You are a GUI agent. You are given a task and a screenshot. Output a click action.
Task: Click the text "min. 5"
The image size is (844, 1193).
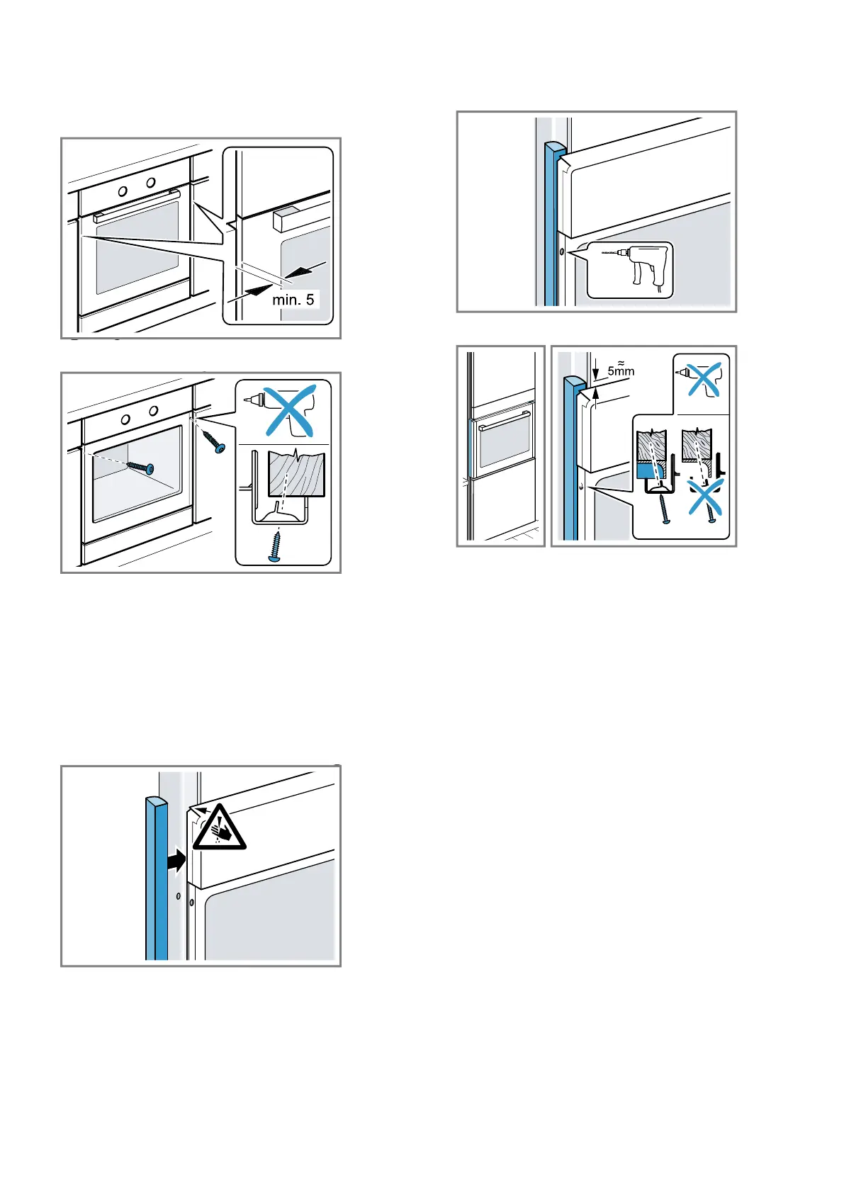pyautogui.click(x=293, y=300)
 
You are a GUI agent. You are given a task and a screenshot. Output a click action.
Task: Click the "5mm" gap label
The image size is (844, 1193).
pyautogui.click(x=621, y=371)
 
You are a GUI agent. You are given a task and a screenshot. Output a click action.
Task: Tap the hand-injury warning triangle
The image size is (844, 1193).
pyautogui.click(x=219, y=827)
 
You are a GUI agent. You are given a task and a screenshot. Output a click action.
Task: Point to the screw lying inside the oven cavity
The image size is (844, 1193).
pyautogui.click(x=140, y=467)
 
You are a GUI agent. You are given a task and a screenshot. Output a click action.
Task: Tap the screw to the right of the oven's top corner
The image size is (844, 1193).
pyautogui.click(x=214, y=441)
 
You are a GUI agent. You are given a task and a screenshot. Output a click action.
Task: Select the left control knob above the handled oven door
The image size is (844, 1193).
pyautogui.click(x=123, y=191)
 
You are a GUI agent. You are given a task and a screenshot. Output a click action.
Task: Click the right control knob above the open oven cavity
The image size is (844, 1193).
pyautogui.click(x=154, y=411)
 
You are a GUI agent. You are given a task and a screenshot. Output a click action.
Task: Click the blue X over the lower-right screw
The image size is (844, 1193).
pyautogui.click(x=706, y=497)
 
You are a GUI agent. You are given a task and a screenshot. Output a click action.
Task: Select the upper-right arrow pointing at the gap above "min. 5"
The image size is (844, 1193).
pyautogui.click(x=305, y=270)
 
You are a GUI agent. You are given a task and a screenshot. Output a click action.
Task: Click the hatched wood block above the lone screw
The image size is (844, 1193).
pyautogui.click(x=296, y=473)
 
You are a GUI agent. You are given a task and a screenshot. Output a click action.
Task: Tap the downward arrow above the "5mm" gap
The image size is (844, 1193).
pyautogui.click(x=596, y=371)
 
